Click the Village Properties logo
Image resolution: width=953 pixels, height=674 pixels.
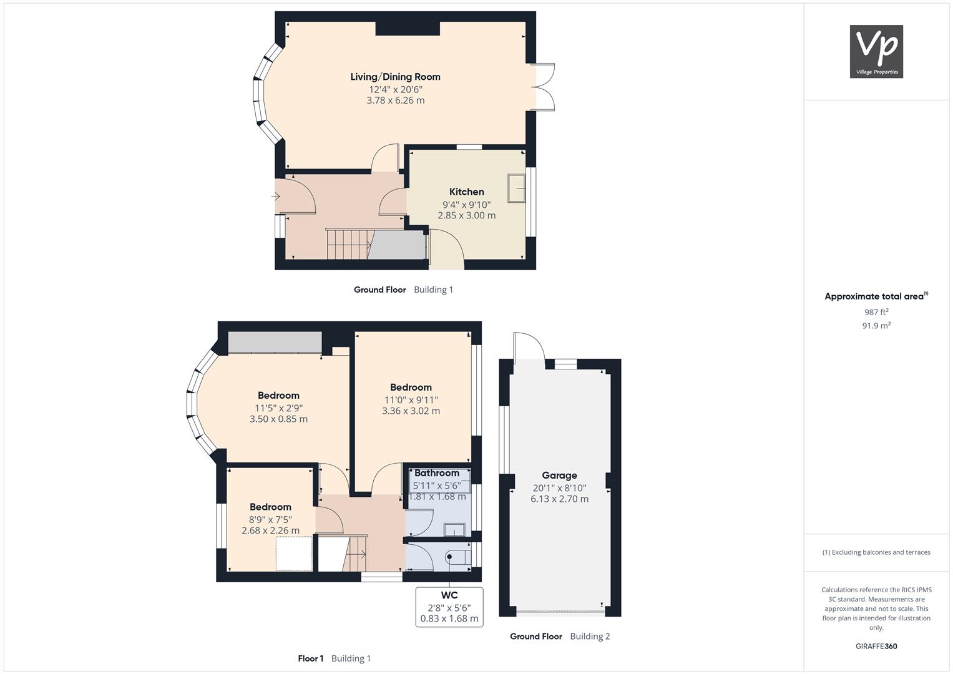876,51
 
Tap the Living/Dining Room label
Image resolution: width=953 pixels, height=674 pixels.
395,77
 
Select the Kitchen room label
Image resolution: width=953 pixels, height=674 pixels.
466,192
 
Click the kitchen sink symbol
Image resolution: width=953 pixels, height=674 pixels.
516,188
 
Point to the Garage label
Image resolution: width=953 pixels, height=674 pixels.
559,476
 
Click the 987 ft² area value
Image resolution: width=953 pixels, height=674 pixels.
876,312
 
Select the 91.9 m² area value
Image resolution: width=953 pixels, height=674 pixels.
876,326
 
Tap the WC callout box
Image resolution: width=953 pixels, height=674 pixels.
449,607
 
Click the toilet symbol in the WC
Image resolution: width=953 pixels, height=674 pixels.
458,557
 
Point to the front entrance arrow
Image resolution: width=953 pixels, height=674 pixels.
275,197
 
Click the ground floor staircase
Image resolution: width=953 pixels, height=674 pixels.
349,244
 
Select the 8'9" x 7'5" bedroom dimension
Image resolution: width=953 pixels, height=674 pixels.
270,519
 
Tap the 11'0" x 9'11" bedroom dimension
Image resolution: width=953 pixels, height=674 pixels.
411,400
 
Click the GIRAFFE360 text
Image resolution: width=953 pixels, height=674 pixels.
876,647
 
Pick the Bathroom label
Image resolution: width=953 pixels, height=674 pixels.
436,473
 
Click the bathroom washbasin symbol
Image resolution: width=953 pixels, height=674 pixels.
454,530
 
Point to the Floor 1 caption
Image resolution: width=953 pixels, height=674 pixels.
311,658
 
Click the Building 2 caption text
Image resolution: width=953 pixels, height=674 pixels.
590,637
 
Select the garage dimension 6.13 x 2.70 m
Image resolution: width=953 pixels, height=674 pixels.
559,499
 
